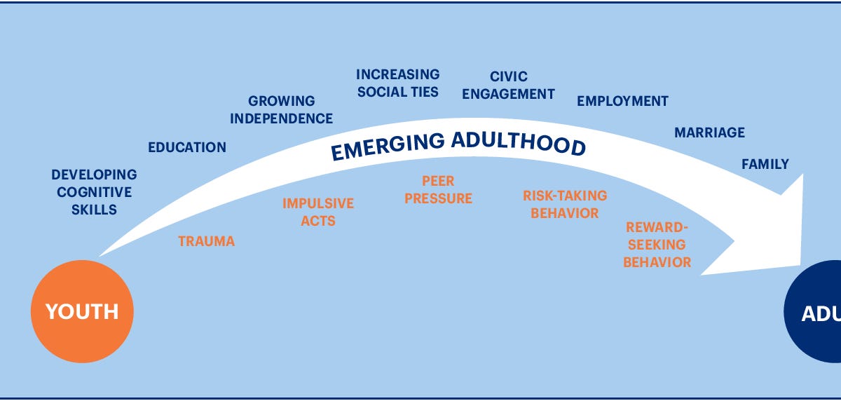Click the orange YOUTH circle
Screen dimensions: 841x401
pos(82,311)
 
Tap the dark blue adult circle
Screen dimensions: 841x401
pos(816,313)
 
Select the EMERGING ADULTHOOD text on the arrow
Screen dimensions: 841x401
pos(458,144)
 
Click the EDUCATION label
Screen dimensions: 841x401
pos(187,147)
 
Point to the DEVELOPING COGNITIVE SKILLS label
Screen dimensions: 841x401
pos(94,191)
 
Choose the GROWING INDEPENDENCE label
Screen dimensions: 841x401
pos(282,110)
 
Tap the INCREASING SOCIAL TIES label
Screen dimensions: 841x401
pos(397,83)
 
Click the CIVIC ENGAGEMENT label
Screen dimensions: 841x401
pos(509,86)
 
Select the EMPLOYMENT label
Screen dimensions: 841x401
pos(622,102)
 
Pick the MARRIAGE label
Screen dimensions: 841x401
pos(709,132)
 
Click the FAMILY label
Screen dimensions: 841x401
pos(765,165)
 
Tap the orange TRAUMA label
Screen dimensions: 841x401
pos(206,242)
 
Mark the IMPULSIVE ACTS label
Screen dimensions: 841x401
pos(318,212)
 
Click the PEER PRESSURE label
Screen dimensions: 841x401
pos(439,190)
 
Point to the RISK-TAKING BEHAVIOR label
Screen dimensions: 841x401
pos(565,204)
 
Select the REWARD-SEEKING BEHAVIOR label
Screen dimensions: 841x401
pos(657,245)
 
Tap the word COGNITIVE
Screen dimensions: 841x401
pos(94,192)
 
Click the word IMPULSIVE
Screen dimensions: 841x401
pos(318,204)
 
